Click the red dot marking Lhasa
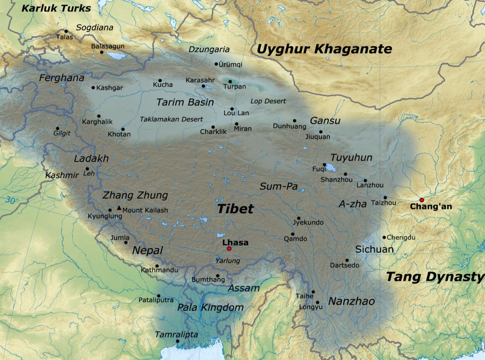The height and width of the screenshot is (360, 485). click(229, 249)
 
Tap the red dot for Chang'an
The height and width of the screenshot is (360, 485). click(422, 200)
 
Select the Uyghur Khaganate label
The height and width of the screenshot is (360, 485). click(324, 49)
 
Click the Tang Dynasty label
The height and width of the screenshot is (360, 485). click(435, 277)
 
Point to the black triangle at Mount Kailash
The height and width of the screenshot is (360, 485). click(118, 207)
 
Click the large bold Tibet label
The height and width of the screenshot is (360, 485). click(235, 209)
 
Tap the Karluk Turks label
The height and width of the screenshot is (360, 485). click(56, 8)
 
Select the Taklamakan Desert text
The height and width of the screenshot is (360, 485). click(171, 119)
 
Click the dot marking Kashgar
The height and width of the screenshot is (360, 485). click(93, 88)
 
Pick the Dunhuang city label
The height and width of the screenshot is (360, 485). click(289, 126)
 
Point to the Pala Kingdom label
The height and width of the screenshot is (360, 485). click(210, 307)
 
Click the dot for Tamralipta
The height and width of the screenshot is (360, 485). click(178, 341)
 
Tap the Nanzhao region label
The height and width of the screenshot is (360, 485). click(351, 301)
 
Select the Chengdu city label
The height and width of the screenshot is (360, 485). click(401, 237)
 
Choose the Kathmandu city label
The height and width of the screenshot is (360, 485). click(160, 270)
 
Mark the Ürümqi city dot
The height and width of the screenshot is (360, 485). click(216, 64)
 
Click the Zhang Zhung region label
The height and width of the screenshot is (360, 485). click(135, 195)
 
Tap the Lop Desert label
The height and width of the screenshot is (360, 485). click(268, 101)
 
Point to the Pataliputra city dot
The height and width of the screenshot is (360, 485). click(159, 296)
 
